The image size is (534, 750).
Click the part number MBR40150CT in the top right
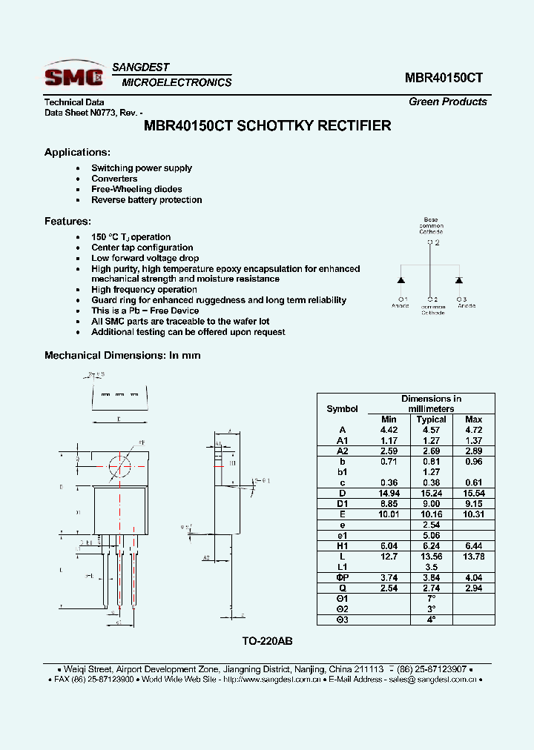pos(444,77)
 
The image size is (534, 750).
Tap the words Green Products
pos(447,102)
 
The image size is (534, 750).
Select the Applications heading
pos(77,152)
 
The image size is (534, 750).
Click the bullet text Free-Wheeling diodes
pos(136,189)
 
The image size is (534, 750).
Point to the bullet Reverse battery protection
pos(146,200)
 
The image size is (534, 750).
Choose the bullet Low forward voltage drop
pos(145,258)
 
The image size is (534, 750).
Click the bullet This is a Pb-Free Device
pos(145,311)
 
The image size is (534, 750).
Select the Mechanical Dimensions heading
pos(122,356)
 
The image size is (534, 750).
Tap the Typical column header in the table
pos(431,419)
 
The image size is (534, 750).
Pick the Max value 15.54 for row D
pos(473,493)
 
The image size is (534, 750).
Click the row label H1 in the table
pos(342,545)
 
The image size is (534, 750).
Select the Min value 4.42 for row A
pos(389,430)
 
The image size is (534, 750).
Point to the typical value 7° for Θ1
pos(431,598)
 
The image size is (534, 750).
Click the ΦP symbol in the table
pos(342,577)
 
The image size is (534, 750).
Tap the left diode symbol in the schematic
pos(401,281)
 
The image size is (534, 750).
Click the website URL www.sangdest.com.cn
pos(271,679)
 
